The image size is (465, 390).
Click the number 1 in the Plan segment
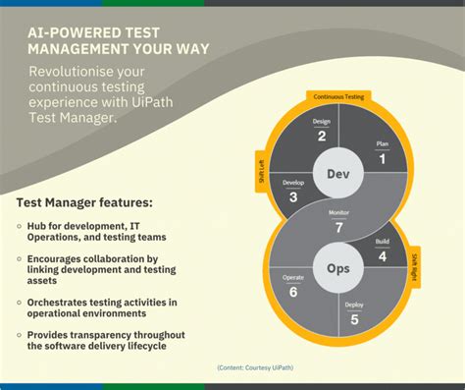click(x=383, y=157)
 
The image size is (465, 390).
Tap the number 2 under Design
click(x=321, y=137)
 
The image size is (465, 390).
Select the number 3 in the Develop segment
click(x=293, y=196)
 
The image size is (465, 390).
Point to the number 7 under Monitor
click(x=339, y=227)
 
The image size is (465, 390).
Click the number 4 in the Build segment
click(x=383, y=257)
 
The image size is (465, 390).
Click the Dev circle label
click(x=338, y=174)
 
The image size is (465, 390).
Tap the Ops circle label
click(x=338, y=267)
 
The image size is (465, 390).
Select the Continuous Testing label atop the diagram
click(x=338, y=97)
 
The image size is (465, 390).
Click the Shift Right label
click(x=416, y=266)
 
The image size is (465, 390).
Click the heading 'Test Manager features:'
click(x=84, y=203)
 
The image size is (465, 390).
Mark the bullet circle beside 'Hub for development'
click(x=20, y=227)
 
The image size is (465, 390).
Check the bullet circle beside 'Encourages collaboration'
click(x=20, y=258)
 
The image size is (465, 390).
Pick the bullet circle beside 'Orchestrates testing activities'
click(x=20, y=300)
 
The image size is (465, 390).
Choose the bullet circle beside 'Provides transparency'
click(x=20, y=335)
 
